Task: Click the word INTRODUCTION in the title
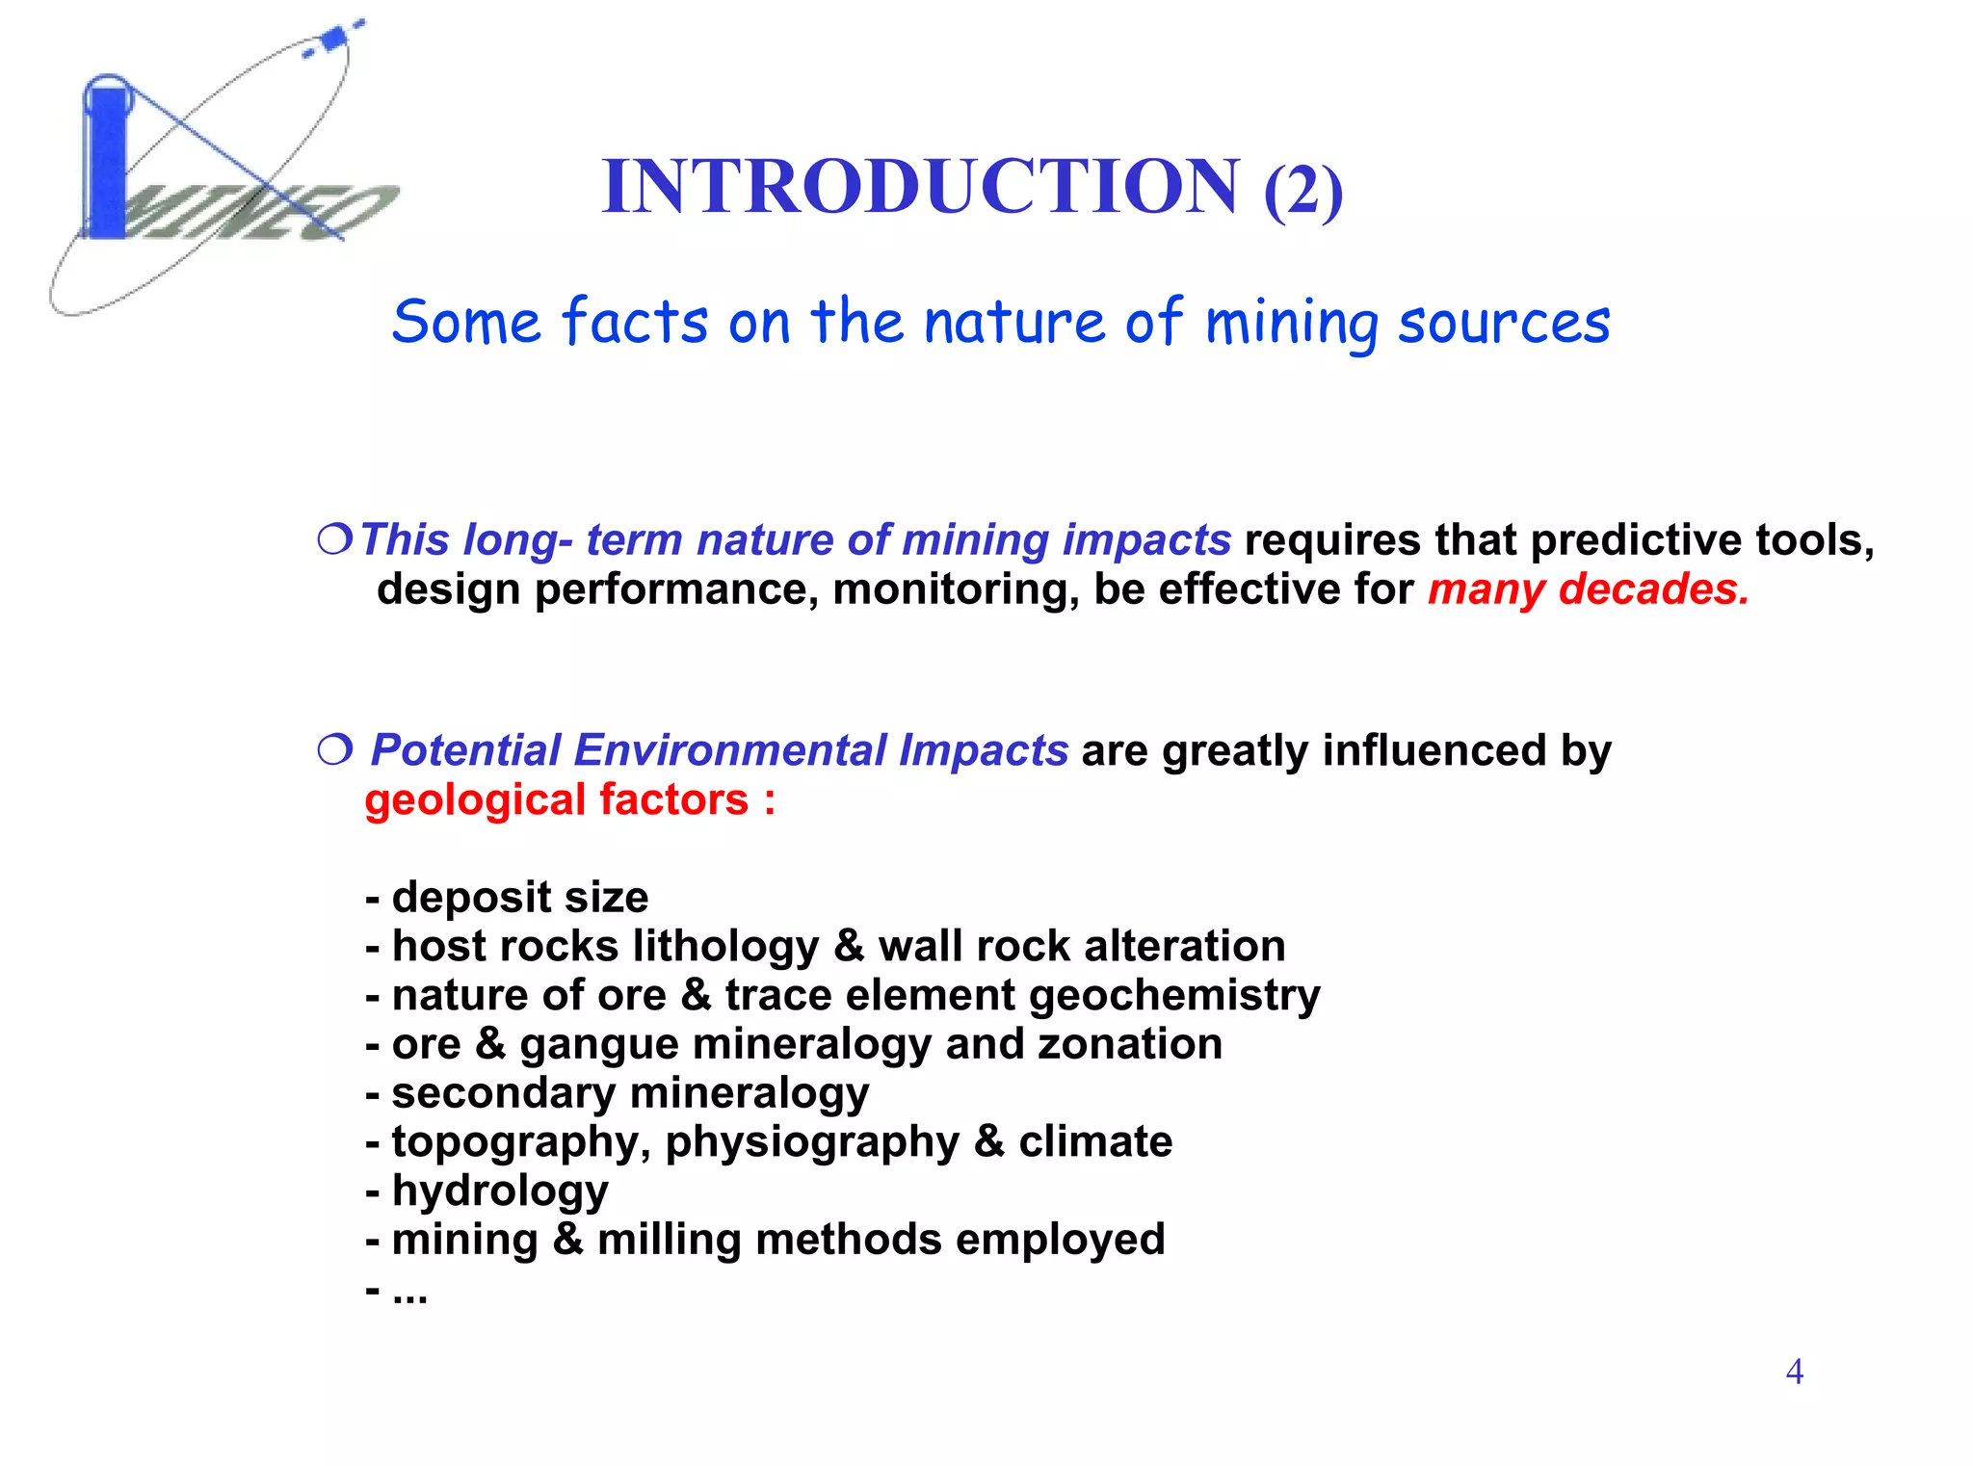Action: click(920, 186)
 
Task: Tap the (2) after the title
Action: click(1302, 191)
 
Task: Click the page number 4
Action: click(1794, 1371)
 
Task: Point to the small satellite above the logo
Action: click(334, 39)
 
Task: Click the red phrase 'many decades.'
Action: click(1588, 589)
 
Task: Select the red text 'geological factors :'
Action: click(569, 800)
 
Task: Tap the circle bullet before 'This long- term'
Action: click(335, 539)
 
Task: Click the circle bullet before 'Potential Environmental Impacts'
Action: click(335, 749)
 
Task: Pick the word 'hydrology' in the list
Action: click(500, 1191)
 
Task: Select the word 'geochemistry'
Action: click(1174, 996)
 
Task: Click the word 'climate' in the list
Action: click(1095, 1141)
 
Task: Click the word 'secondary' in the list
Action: click(503, 1093)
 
